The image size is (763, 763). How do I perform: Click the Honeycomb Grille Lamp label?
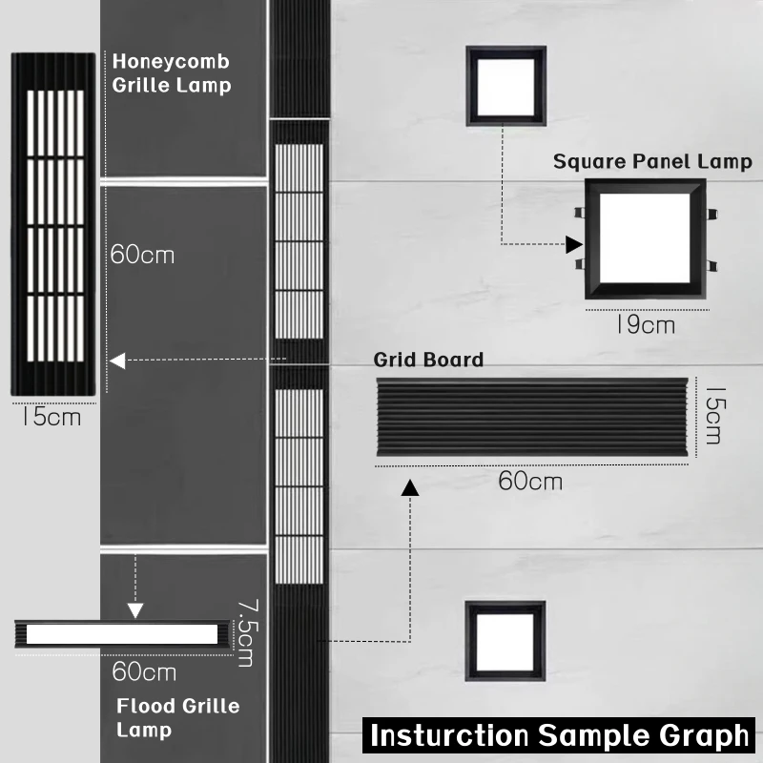[x=172, y=73]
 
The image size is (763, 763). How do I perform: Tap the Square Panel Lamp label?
[x=652, y=161]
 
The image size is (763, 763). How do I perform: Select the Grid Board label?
[x=428, y=360]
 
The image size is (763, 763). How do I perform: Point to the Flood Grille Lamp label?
[x=177, y=718]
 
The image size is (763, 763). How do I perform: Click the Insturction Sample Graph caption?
[x=560, y=735]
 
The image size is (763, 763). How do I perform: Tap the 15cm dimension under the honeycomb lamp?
[x=52, y=417]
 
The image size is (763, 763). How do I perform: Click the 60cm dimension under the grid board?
[x=530, y=481]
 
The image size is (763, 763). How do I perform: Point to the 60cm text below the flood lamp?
[x=144, y=671]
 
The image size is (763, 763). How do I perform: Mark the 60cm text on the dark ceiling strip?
[x=143, y=256]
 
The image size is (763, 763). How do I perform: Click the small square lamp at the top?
[x=505, y=86]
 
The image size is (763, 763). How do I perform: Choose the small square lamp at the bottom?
[x=505, y=641]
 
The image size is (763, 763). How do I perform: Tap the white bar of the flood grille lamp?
[x=120, y=633]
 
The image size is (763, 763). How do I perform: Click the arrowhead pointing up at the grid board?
[x=411, y=488]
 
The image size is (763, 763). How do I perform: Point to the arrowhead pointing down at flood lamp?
[x=135, y=610]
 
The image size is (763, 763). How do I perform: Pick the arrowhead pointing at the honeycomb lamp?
[x=117, y=361]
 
